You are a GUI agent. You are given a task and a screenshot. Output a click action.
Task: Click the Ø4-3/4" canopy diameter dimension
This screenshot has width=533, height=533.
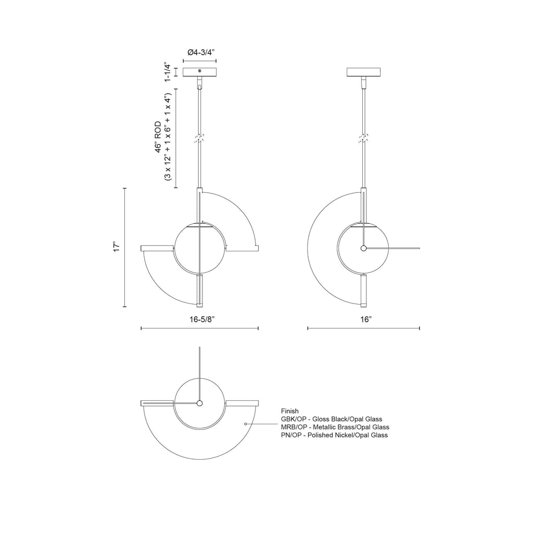point(201,53)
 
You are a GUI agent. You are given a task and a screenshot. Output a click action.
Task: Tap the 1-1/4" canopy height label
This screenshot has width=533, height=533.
point(167,72)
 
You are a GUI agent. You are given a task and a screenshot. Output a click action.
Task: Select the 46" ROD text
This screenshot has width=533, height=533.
point(158,137)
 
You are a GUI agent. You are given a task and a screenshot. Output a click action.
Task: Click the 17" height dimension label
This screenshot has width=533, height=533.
point(117,247)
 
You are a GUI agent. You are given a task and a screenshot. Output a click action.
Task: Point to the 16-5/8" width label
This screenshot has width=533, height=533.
point(202,320)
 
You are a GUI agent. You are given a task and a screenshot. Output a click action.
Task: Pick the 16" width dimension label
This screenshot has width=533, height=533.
point(366,320)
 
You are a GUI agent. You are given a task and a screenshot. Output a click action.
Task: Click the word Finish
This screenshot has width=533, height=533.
point(289,411)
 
